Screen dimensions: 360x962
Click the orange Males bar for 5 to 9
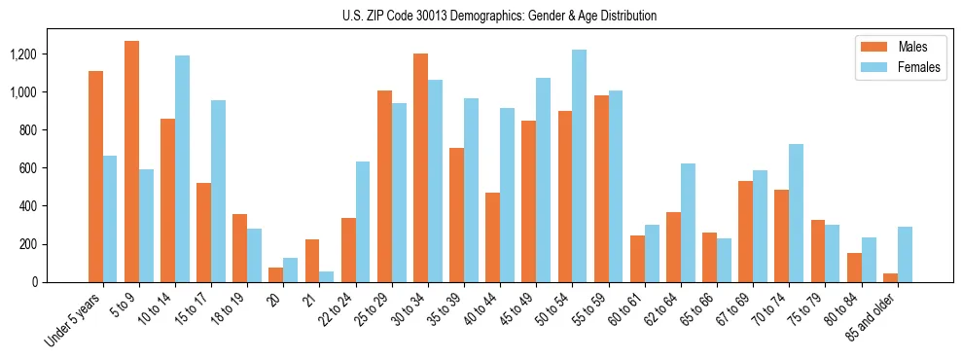[x=132, y=162]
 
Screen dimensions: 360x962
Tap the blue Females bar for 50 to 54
[x=580, y=165]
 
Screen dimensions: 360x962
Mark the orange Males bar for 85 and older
[x=890, y=277]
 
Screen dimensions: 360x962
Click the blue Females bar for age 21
[x=327, y=276]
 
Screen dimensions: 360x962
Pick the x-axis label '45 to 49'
[x=516, y=309]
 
